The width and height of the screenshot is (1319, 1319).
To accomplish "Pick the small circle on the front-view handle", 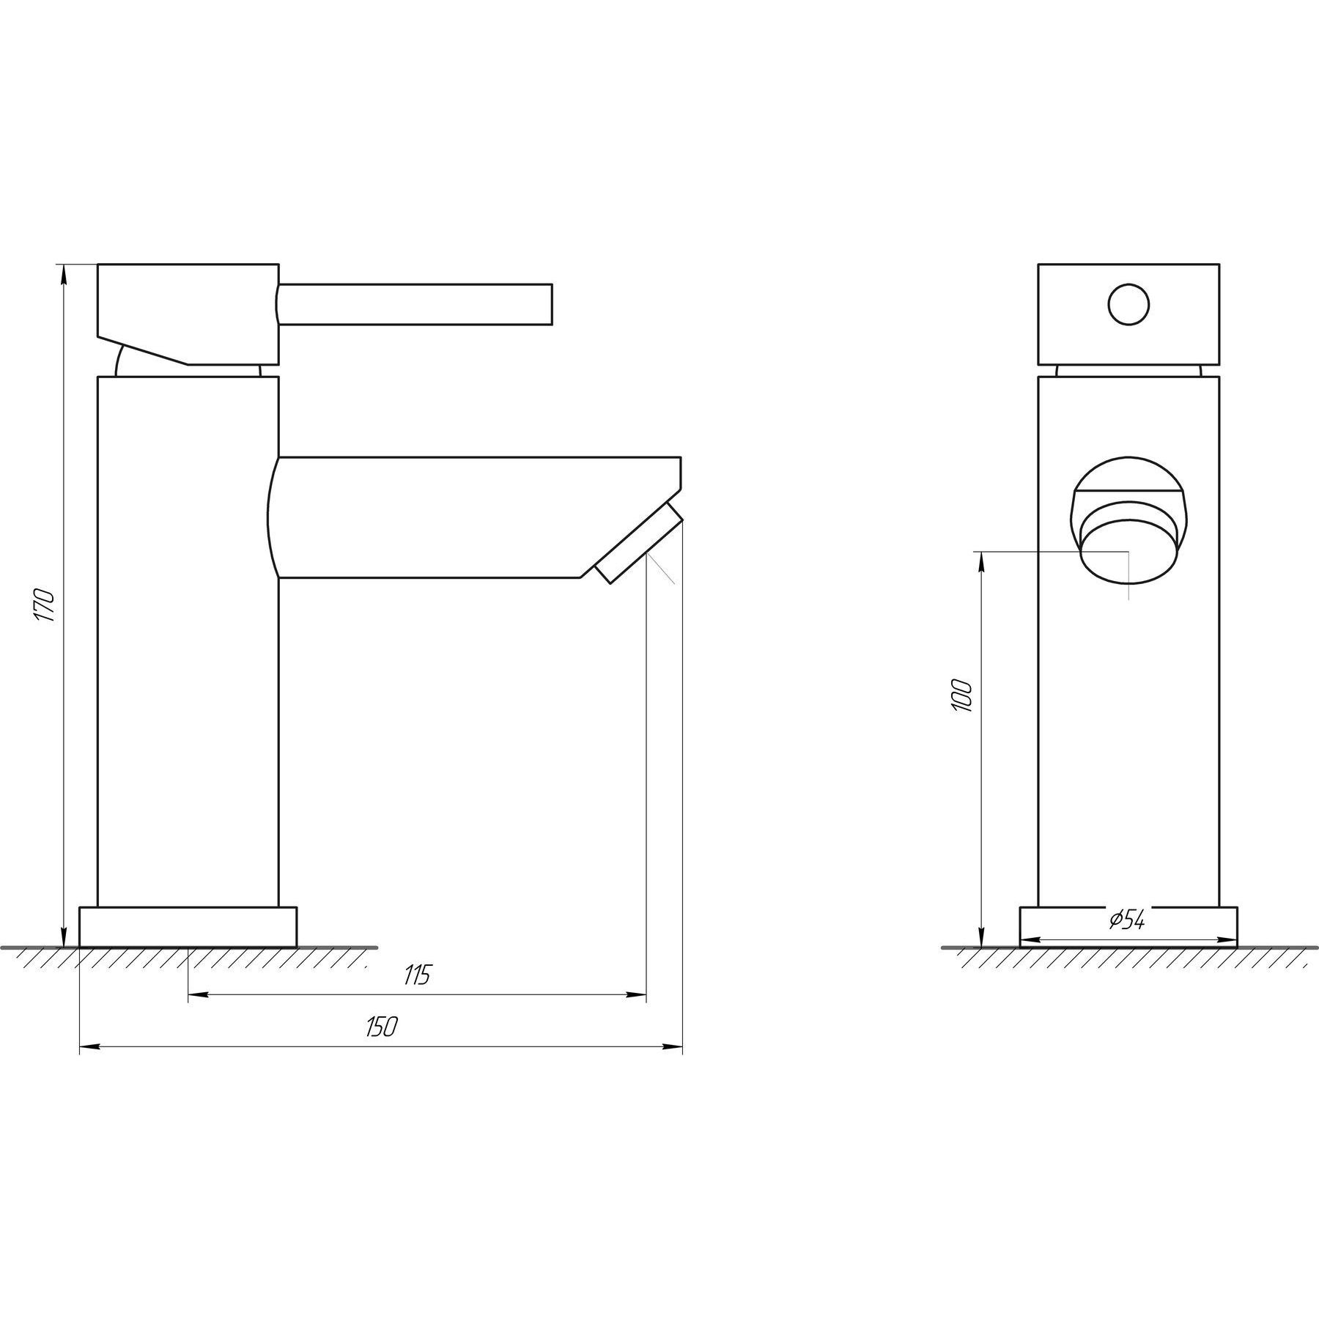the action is tap(1128, 305).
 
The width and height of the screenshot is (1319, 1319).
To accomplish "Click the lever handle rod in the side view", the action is tap(415, 304).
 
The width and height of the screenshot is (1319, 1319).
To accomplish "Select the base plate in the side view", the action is tap(188, 927).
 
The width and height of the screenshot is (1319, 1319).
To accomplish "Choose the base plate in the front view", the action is tap(1128, 927).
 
